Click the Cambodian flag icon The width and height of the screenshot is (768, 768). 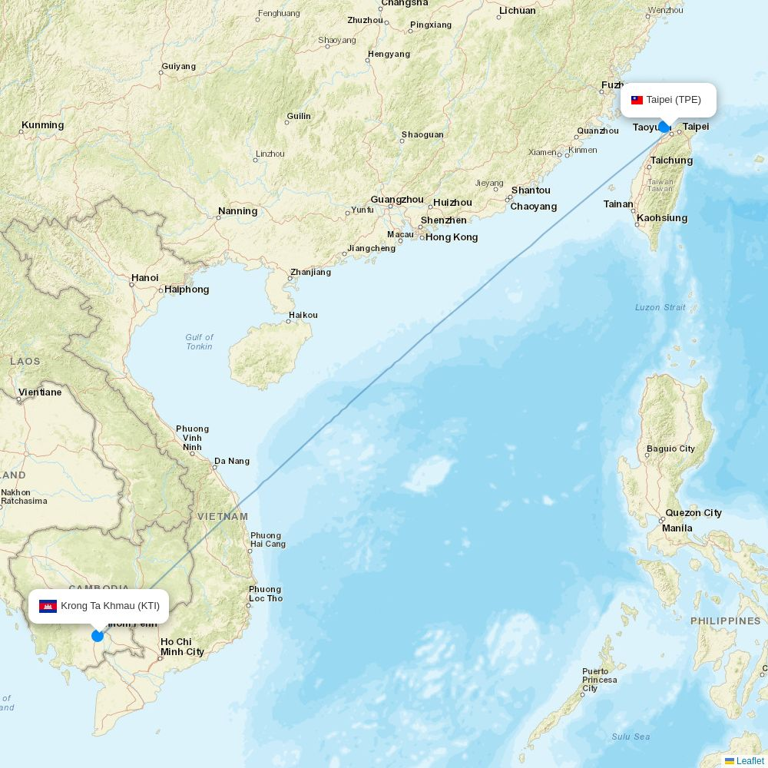48,606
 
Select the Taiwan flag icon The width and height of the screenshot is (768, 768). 637,100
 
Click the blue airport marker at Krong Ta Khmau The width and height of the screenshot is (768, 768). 98,635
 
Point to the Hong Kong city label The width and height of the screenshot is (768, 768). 452,237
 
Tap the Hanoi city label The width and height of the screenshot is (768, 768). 145,278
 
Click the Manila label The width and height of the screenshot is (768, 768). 677,528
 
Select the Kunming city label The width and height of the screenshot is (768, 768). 43,125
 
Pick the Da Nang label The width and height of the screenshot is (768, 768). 232,462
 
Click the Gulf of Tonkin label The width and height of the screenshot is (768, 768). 199,342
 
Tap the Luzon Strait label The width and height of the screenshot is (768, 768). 660,307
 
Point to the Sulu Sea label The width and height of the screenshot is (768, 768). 631,737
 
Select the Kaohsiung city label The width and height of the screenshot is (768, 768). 662,218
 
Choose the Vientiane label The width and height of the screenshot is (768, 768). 40,392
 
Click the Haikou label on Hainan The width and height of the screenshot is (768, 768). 303,315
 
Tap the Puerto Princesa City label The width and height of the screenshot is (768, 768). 599,680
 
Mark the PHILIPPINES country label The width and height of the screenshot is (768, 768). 725,621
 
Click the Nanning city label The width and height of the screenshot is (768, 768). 238,211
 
